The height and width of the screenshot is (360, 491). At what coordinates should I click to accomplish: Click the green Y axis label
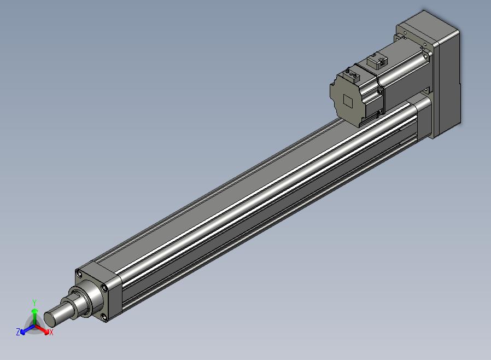point(34,303)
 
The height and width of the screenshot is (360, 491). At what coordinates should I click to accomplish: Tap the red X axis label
point(51,333)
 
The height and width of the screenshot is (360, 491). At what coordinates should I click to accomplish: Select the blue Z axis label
point(18,332)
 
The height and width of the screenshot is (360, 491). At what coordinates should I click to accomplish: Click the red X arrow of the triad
point(42,329)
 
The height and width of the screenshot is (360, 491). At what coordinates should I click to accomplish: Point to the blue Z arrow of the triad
point(27,329)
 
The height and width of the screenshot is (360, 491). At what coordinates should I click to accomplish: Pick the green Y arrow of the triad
point(35,317)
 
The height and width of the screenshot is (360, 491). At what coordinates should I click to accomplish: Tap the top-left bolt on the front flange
point(79,275)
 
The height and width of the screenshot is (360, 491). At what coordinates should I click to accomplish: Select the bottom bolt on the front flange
point(104,318)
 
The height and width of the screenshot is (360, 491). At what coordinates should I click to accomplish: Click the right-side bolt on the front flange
point(104,288)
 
